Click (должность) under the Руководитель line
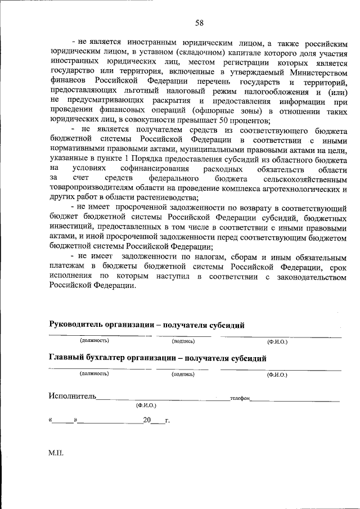pyautogui.click(x=94, y=341)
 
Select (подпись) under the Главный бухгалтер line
pyautogui.click(x=183, y=373)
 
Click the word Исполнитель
pyautogui.click(x=73, y=396)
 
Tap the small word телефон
pyautogui.click(x=240, y=398)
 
